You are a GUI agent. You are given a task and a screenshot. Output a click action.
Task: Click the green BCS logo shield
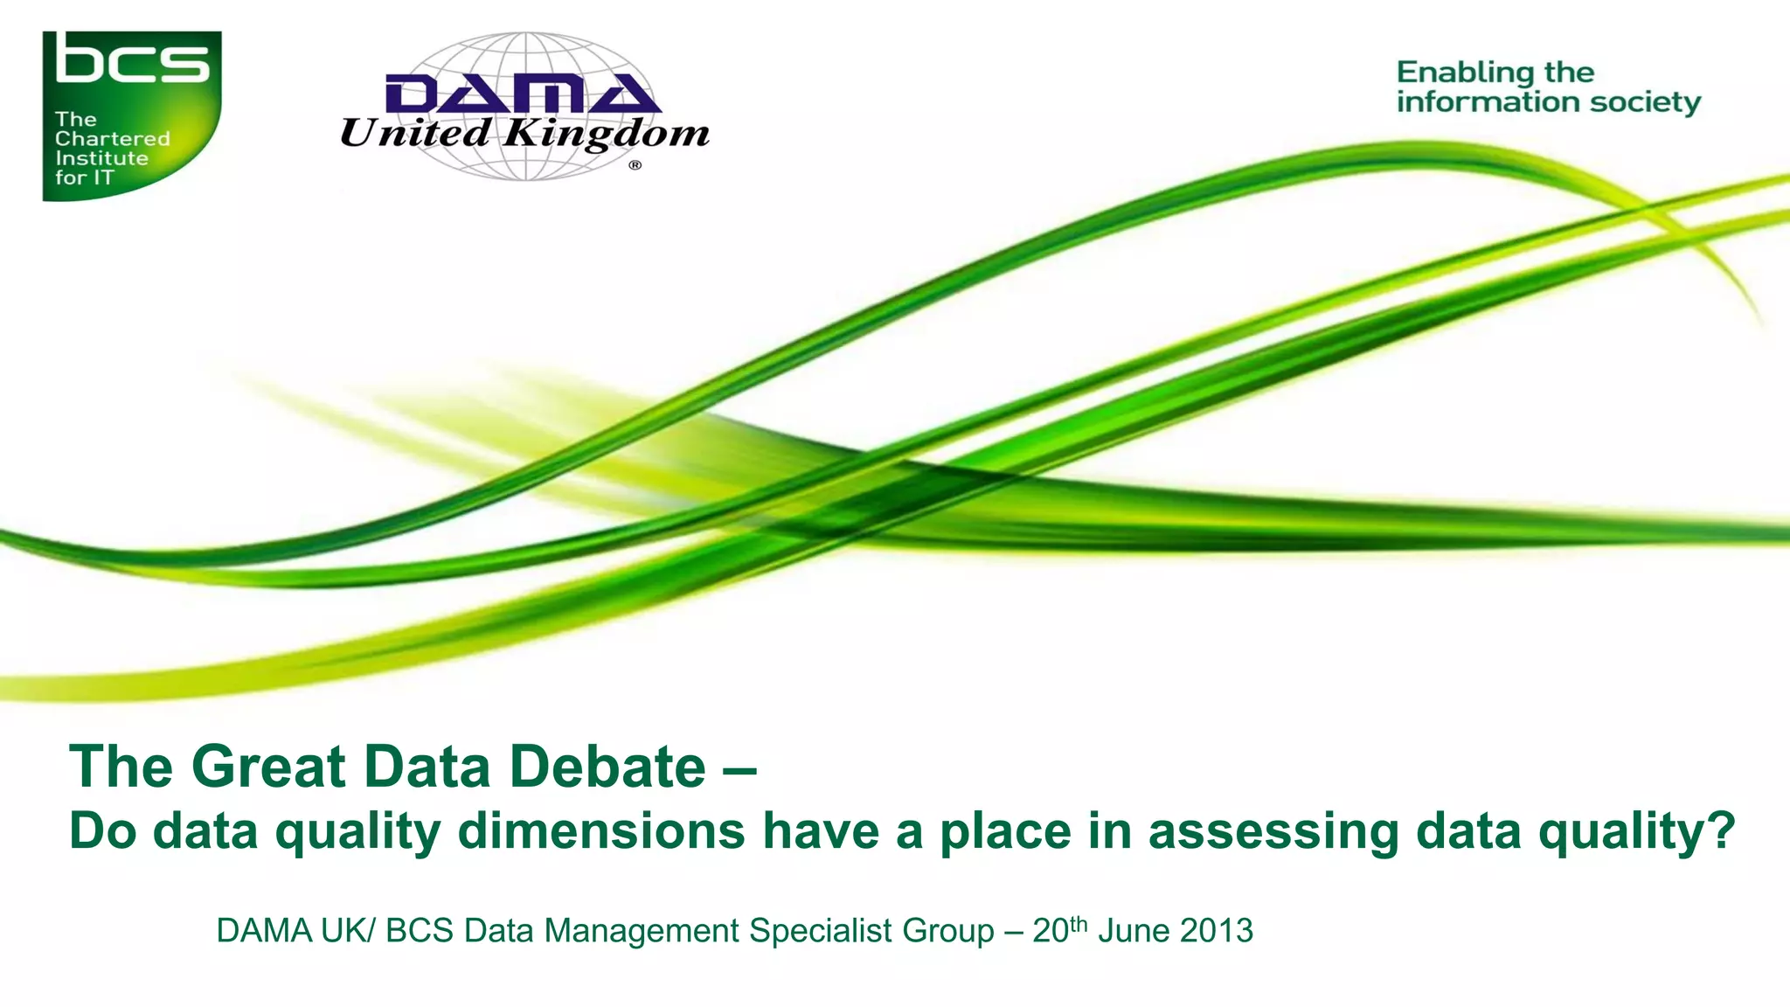click(x=131, y=115)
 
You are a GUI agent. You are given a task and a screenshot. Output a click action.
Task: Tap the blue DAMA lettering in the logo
click(x=523, y=94)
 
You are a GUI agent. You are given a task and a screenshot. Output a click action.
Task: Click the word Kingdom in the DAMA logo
click(x=607, y=134)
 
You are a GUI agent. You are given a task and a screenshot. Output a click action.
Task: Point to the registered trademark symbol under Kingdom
click(x=635, y=165)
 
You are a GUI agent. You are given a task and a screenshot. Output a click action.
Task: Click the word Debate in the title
click(x=607, y=767)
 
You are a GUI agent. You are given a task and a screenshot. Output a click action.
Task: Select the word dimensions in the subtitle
click(x=601, y=830)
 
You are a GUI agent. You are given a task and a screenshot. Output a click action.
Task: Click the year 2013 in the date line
click(x=1217, y=931)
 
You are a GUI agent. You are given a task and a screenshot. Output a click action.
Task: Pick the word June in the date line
click(x=1134, y=931)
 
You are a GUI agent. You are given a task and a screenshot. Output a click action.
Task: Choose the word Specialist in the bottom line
click(x=821, y=932)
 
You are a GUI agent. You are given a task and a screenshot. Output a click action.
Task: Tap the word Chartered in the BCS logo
click(x=112, y=139)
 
